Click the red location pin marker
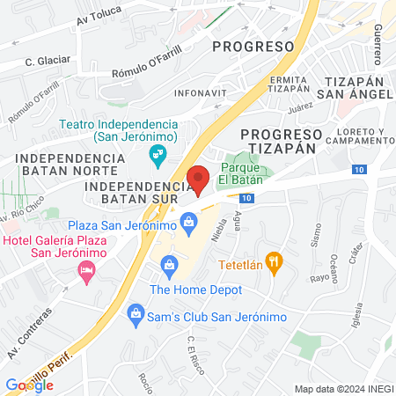(x=199, y=179)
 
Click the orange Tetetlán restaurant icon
(x=275, y=261)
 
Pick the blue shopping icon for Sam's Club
(x=136, y=312)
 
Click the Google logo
(x=30, y=385)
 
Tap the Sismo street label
(x=314, y=233)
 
